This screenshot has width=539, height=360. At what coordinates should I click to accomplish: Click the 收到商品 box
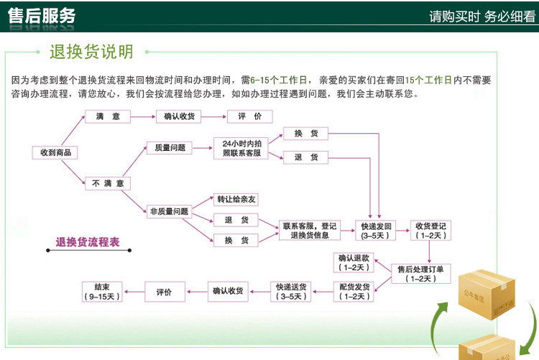[55, 152]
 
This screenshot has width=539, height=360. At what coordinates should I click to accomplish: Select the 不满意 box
[108, 184]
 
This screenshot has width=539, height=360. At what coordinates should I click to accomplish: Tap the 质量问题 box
[169, 148]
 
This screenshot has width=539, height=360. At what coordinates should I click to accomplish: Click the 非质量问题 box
[169, 211]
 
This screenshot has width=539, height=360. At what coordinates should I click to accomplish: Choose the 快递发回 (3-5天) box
[374, 230]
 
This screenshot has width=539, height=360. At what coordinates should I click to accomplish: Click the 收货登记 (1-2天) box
[431, 230]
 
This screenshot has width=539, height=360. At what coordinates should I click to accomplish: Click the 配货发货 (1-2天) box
[355, 291]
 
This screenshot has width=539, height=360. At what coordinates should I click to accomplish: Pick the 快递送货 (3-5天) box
[292, 291]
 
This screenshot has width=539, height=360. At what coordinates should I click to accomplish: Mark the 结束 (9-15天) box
[101, 291]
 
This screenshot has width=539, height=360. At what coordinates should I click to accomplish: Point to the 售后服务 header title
[42, 17]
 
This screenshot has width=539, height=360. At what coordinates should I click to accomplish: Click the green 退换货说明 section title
[91, 52]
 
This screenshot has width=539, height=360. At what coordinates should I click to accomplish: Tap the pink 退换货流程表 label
[88, 242]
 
